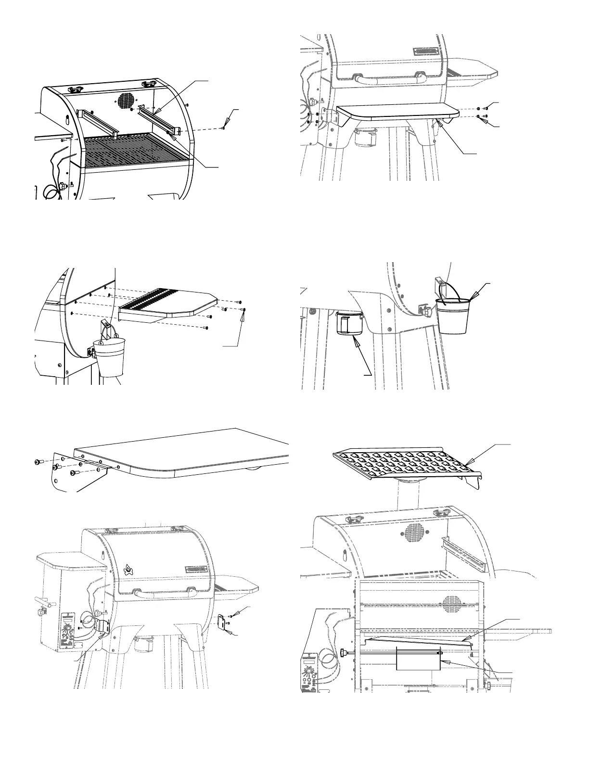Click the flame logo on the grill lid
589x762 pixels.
pos(128,570)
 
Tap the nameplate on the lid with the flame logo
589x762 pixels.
pos(198,570)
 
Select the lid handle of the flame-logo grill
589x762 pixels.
pos(164,593)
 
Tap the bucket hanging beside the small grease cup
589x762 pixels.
pos(452,315)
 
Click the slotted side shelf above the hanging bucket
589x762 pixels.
pos(168,303)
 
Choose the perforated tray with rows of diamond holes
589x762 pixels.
pos(407,464)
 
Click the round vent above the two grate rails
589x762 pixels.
pos(126,101)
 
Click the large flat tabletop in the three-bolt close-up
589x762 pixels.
pos(192,450)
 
